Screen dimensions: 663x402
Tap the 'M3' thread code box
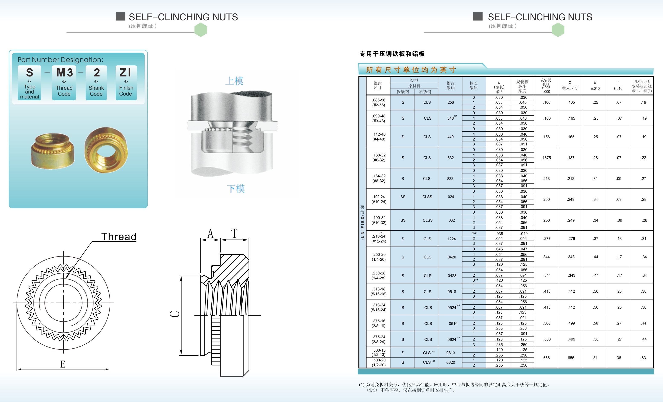tap(64, 83)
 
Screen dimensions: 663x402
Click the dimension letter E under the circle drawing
tap(63, 364)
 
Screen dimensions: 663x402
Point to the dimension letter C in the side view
tap(175, 314)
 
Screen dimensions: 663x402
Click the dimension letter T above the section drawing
tap(234, 233)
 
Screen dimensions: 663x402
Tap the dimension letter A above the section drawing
tap(210, 233)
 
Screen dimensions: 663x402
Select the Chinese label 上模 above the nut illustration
tap(234, 81)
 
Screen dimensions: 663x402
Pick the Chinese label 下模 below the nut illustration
tap(236, 189)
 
